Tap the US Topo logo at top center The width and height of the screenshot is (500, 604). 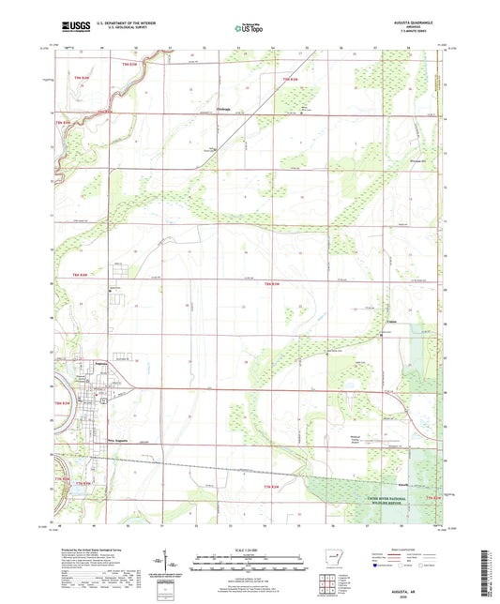(x=249, y=29)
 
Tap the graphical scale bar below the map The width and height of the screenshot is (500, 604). (x=250, y=565)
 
